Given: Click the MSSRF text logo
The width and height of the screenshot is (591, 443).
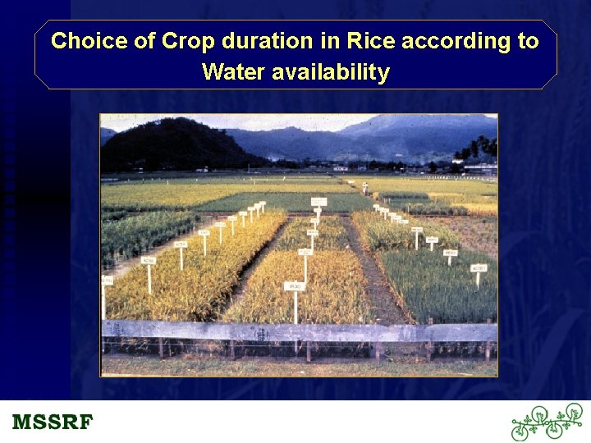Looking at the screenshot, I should [53, 422].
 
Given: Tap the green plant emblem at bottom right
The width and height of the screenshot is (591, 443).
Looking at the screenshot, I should [546, 422].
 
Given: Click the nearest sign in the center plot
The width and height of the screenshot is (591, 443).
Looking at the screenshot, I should [295, 286].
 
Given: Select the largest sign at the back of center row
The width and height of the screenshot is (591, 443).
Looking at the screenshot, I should [318, 201].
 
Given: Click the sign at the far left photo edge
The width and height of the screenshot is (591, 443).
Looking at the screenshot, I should [106, 281].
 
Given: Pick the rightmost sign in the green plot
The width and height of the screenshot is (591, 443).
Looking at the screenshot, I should [478, 268].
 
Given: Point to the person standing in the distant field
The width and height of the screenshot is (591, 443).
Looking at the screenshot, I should [364, 188].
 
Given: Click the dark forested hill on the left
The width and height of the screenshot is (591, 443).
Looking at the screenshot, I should [172, 146].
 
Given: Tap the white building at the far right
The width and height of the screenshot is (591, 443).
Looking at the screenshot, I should [480, 169].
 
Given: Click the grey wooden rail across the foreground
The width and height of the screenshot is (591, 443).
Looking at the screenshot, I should [299, 331].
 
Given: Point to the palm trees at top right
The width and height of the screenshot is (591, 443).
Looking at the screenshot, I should [479, 148].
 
